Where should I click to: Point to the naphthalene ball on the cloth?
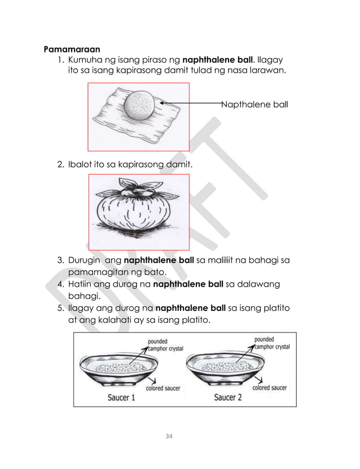tap(138, 105)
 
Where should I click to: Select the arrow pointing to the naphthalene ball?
tap(192, 103)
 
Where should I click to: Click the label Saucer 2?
tap(228, 397)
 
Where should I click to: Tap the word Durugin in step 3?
tap(85, 261)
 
